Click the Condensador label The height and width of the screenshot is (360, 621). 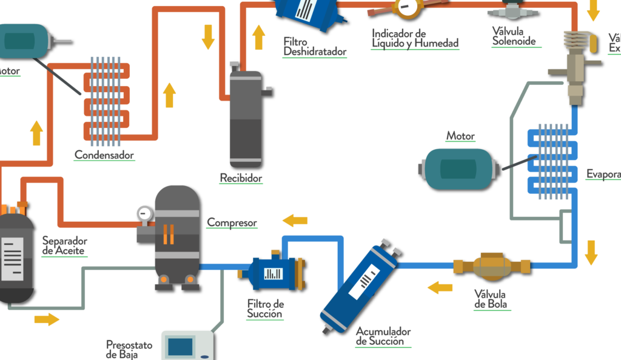point(104,155)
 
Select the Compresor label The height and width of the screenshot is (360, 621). point(232,222)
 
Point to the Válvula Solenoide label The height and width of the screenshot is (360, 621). point(514,37)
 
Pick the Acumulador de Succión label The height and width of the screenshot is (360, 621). point(383,337)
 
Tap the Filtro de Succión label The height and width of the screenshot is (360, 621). point(265,308)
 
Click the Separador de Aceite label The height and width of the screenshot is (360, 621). point(64,245)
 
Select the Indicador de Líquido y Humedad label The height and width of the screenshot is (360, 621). point(415,38)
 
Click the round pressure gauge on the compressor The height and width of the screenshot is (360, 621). point(144,213)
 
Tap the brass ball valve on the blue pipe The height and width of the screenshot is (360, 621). point(492,265)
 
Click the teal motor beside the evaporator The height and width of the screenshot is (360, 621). point(458,168)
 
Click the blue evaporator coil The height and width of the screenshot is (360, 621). point(550,161)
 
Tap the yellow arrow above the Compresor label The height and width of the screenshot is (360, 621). point(295,220)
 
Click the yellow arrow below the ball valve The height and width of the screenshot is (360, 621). point(440,287)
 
